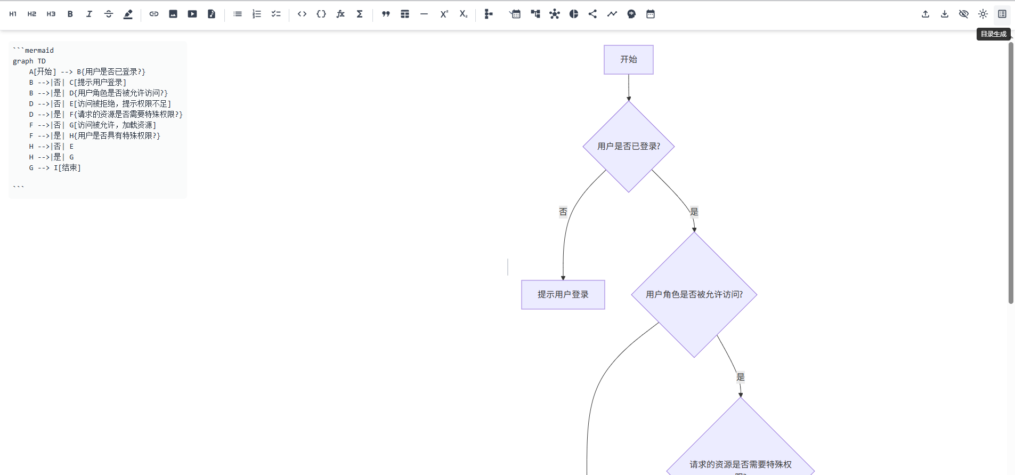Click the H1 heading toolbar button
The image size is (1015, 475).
[13, 14]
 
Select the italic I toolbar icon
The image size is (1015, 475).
[89, 14]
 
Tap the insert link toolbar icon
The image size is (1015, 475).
[154, 14]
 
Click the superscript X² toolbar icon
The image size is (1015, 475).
[444, 14]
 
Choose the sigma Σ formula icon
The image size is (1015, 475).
[360, 14]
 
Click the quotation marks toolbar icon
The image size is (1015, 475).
[386, 14]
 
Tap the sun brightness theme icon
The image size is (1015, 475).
[983, 14]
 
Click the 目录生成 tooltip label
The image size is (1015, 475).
[993, 34]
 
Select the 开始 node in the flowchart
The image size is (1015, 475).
[628, 59]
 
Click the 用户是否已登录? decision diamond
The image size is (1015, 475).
[628, 146]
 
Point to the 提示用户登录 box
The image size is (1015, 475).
[563, 294]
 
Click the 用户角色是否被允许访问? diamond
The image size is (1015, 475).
[694, 294]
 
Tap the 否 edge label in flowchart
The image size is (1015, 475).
[563, 212]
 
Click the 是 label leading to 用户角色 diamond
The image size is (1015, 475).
[694, 212]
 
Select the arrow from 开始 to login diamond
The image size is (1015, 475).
[629, 87]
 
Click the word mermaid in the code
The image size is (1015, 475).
[39, 51]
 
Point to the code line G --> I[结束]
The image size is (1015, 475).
[55, 167]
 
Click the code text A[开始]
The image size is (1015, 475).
[43, 71]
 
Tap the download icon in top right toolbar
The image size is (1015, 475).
[945, 14]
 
